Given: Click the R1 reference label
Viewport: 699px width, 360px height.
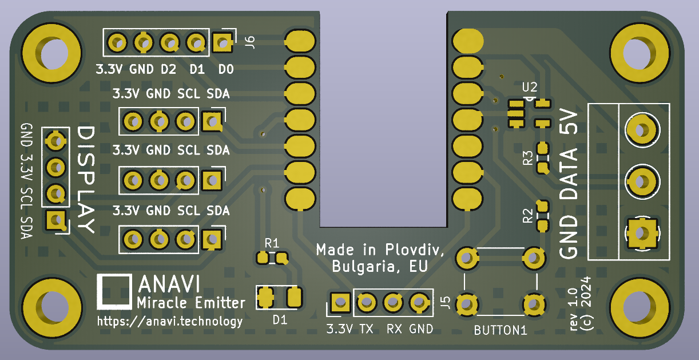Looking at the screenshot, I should (x=272, y=243).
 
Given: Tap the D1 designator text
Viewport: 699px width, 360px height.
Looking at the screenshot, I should (x=280, y=319).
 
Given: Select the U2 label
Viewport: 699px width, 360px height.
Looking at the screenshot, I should (x=530, y=88).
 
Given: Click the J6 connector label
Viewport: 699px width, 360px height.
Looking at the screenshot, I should (x=250, y=41).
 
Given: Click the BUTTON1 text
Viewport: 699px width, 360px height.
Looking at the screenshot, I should (x=500, y=331).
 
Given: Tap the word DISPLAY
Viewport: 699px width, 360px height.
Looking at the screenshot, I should (x=86, y=180).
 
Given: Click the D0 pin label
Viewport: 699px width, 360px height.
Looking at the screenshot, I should (x=226, y=70).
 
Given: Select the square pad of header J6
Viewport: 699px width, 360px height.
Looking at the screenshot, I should (x=223, y=42).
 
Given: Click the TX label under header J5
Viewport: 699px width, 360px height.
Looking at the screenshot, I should (x=366, y=329).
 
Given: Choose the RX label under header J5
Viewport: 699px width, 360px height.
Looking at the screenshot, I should (x=394, y=329).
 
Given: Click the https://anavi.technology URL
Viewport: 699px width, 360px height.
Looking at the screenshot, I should (x=170, y=322).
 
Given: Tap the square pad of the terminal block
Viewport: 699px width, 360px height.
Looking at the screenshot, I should (x=641, y=234).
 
